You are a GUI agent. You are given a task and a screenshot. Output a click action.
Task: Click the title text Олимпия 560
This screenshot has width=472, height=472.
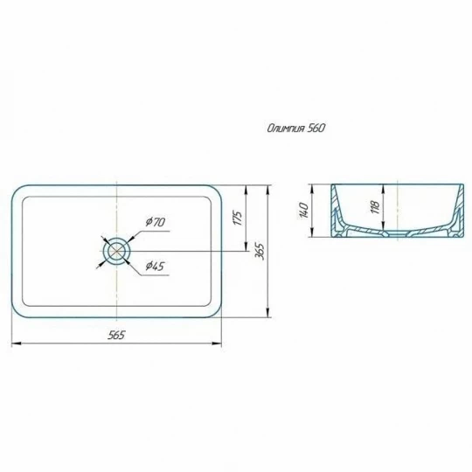coord(296,128)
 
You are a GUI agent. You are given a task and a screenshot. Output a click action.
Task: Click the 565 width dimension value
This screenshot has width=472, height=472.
coord(116,335)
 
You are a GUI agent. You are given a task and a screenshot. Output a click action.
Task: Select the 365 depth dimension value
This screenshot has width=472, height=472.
coord(260,251)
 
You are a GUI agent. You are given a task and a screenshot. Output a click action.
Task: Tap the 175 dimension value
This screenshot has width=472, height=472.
coord(238,219)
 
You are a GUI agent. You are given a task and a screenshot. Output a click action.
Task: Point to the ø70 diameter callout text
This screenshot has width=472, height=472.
coord(155,222)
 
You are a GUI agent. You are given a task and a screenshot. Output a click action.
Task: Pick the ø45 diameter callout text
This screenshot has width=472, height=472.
coord(155,266)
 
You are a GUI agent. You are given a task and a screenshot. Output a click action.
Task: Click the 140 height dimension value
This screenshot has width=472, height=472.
coord(304,211)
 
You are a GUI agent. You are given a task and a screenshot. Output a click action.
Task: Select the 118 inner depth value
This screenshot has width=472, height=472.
coord(375,207)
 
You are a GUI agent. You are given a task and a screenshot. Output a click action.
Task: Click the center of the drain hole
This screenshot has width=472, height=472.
coord(116,251)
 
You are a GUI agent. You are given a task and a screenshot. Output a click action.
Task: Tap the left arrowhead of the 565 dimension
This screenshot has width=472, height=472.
coord(16,344)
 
